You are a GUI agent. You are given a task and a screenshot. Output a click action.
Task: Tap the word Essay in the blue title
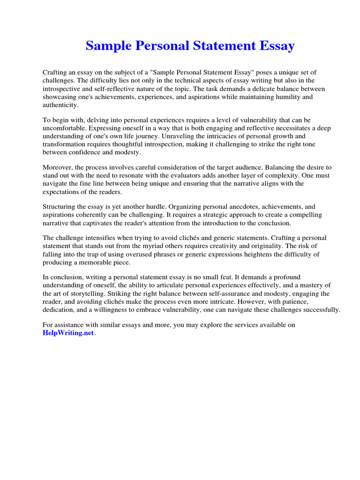click(277, 46)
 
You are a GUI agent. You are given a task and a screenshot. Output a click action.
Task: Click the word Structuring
click(61, 206)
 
